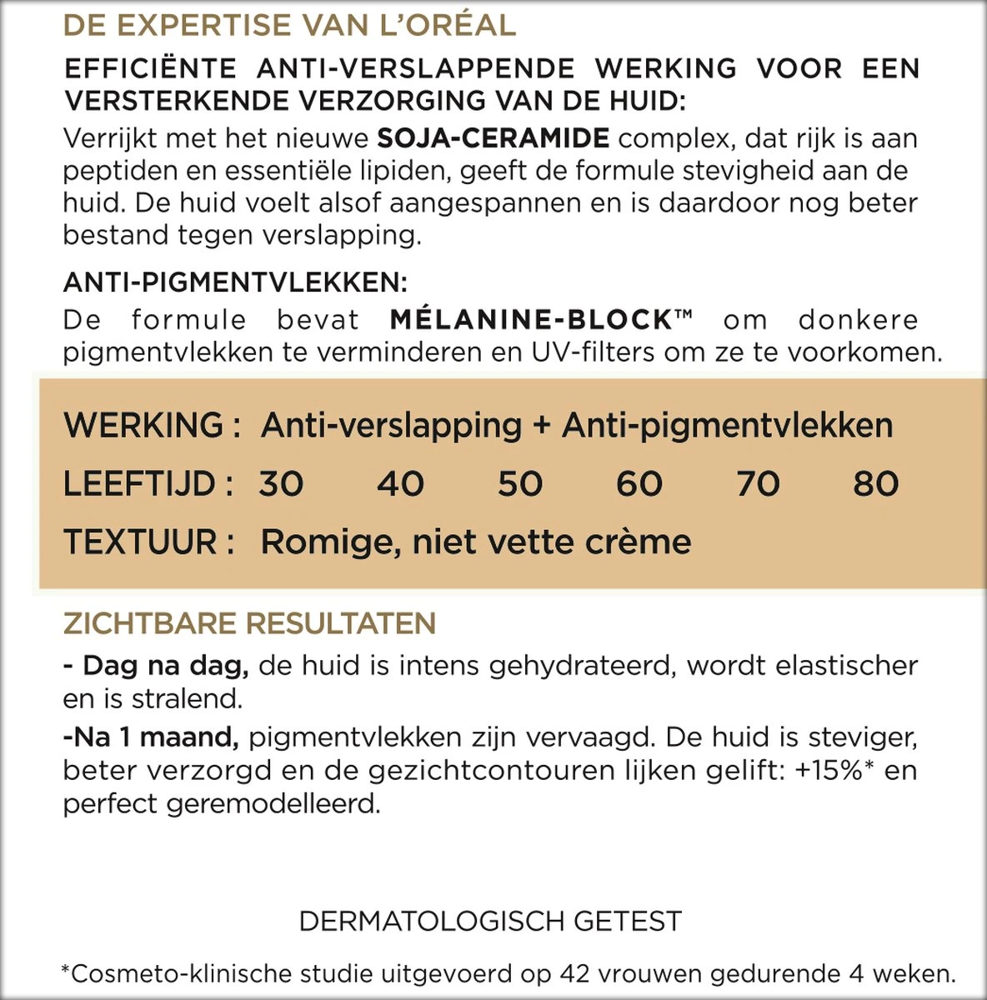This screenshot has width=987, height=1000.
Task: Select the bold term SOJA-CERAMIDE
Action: (x=493, y=137)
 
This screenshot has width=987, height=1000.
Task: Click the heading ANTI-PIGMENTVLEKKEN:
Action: (x=235, y=282)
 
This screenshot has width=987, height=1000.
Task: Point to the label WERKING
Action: (x=143, y=426)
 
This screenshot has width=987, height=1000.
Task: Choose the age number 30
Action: (x=281, y=484)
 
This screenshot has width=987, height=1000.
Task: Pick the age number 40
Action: (x=401, y=484)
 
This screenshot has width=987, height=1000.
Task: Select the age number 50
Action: (x=520, y=484)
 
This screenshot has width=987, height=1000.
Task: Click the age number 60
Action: (x=639, y=484)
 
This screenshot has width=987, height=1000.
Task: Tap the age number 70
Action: (x=758, y=484)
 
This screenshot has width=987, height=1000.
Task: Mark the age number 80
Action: (x=876, y=484)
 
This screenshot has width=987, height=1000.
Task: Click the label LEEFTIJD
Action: (x=139, y=484)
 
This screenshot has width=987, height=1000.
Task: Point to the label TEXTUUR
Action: (x=141, y=542)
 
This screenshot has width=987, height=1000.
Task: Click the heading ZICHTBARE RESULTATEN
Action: (x=249, y=623)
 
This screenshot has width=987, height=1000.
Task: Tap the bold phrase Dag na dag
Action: (x=165, y=666)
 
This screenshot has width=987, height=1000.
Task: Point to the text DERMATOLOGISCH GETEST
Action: (x=490, y=922)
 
